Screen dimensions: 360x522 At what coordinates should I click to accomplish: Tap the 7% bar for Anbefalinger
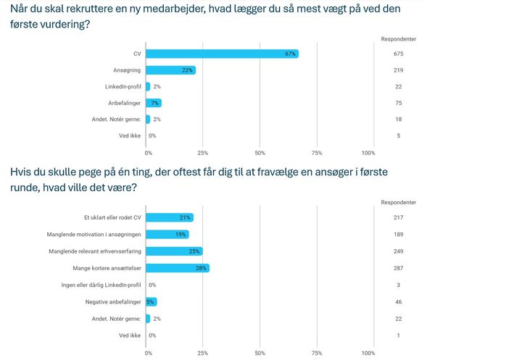154,103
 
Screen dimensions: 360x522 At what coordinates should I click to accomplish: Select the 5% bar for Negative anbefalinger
152,301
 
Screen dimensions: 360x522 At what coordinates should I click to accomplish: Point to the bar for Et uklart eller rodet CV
170,218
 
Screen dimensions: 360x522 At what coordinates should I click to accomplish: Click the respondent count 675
398,54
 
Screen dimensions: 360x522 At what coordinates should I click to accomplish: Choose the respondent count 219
398,70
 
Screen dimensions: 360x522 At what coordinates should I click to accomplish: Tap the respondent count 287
398,268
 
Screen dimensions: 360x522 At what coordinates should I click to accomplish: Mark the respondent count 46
398,301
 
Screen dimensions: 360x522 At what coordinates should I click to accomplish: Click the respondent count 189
398,235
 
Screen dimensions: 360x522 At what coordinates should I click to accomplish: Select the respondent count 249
398,251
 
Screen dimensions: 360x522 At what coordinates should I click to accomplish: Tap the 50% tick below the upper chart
260,153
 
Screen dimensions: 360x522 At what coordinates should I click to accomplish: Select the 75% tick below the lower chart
317,353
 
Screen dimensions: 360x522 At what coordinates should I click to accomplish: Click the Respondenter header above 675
398,38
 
